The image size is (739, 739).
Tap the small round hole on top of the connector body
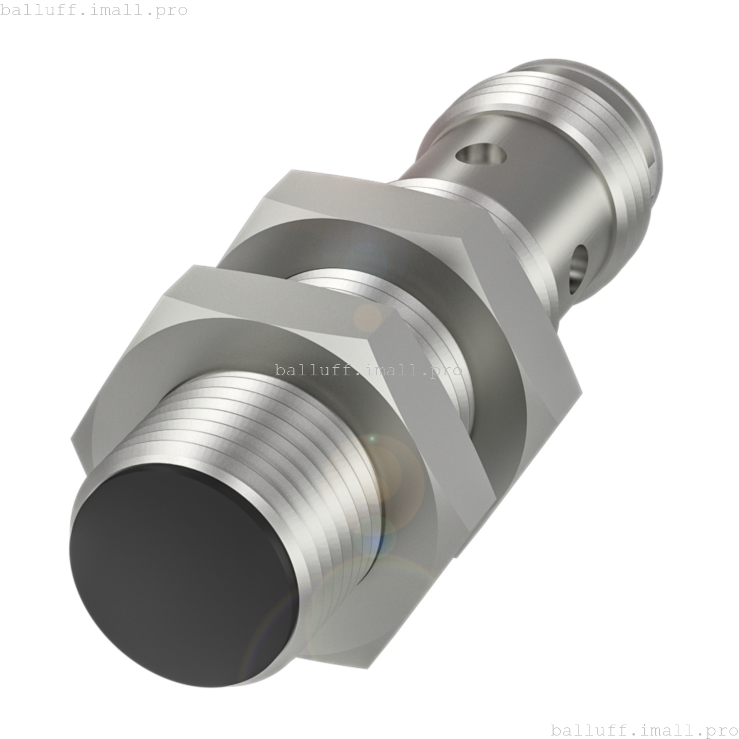480,154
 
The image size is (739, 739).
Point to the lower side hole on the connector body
579,266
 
